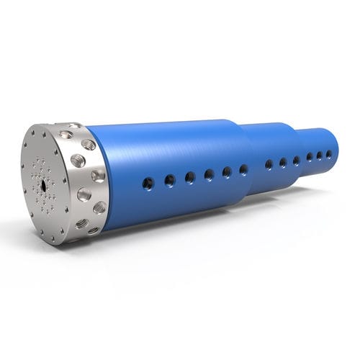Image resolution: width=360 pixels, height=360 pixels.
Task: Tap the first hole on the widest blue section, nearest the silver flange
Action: [x=148, y=182]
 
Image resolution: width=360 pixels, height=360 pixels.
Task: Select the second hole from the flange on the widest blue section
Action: [x=170, y=180]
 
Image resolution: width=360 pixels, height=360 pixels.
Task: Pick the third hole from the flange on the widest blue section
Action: [x=190, y=177]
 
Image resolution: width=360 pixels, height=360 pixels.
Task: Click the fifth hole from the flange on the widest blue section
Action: [x=227, y=172]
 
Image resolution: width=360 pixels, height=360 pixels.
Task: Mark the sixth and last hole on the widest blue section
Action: [x=243, y=170]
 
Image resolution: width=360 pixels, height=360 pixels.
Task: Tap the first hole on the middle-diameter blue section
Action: [x=269, y=165]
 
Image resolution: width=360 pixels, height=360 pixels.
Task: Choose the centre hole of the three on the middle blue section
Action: [x=283, y=163]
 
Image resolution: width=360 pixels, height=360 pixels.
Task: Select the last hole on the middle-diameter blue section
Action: [x=296, y=161]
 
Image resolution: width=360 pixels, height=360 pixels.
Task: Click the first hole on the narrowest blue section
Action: [x=310, y=157]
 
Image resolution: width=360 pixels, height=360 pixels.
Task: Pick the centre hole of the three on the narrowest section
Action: [x=320, y=156]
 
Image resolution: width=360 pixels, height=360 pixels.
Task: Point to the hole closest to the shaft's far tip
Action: [x=329, y=154]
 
